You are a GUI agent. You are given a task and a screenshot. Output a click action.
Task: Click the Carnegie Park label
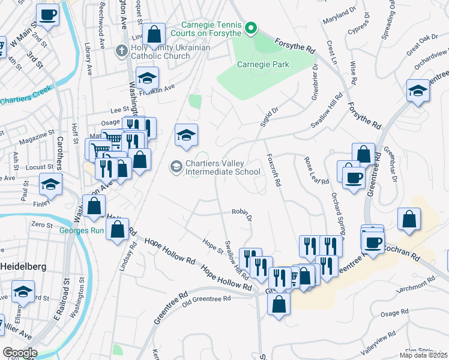263,64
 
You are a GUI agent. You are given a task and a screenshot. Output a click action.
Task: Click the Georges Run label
82,228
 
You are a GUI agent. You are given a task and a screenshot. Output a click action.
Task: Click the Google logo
20,353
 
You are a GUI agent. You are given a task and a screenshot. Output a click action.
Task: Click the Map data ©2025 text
423,355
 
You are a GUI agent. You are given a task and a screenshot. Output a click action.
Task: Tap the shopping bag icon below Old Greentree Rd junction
279,304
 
